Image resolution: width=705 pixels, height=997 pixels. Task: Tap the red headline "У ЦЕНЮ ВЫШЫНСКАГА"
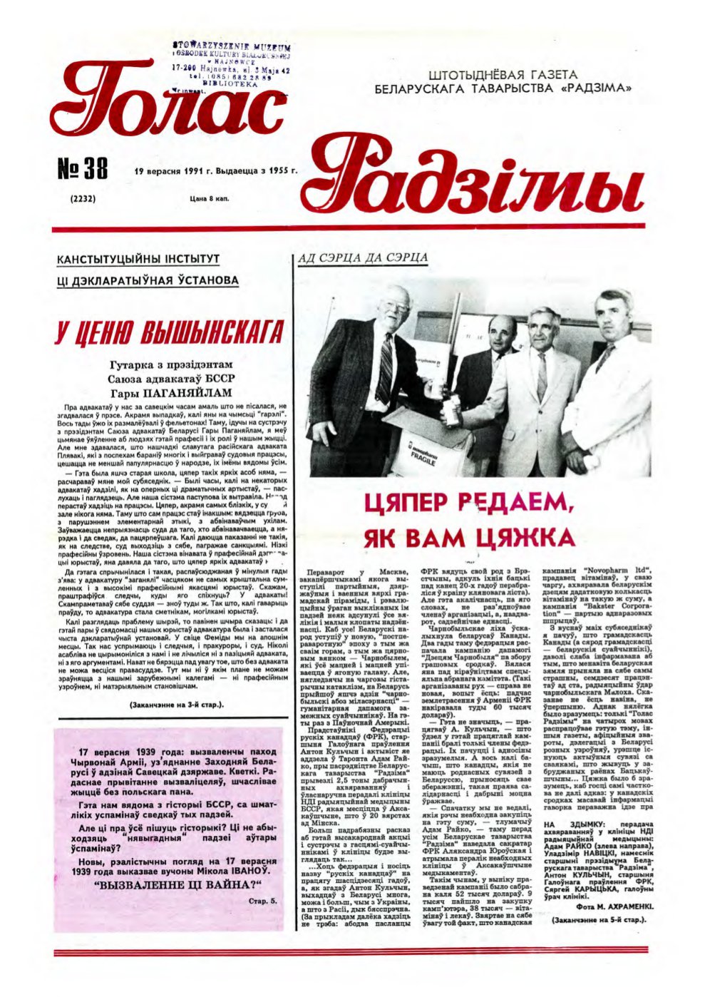coord(169,332)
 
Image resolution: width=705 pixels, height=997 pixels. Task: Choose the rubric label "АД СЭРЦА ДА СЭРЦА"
coord(361,257)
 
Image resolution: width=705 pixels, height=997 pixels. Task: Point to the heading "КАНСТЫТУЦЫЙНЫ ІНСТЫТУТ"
coord(138,259)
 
